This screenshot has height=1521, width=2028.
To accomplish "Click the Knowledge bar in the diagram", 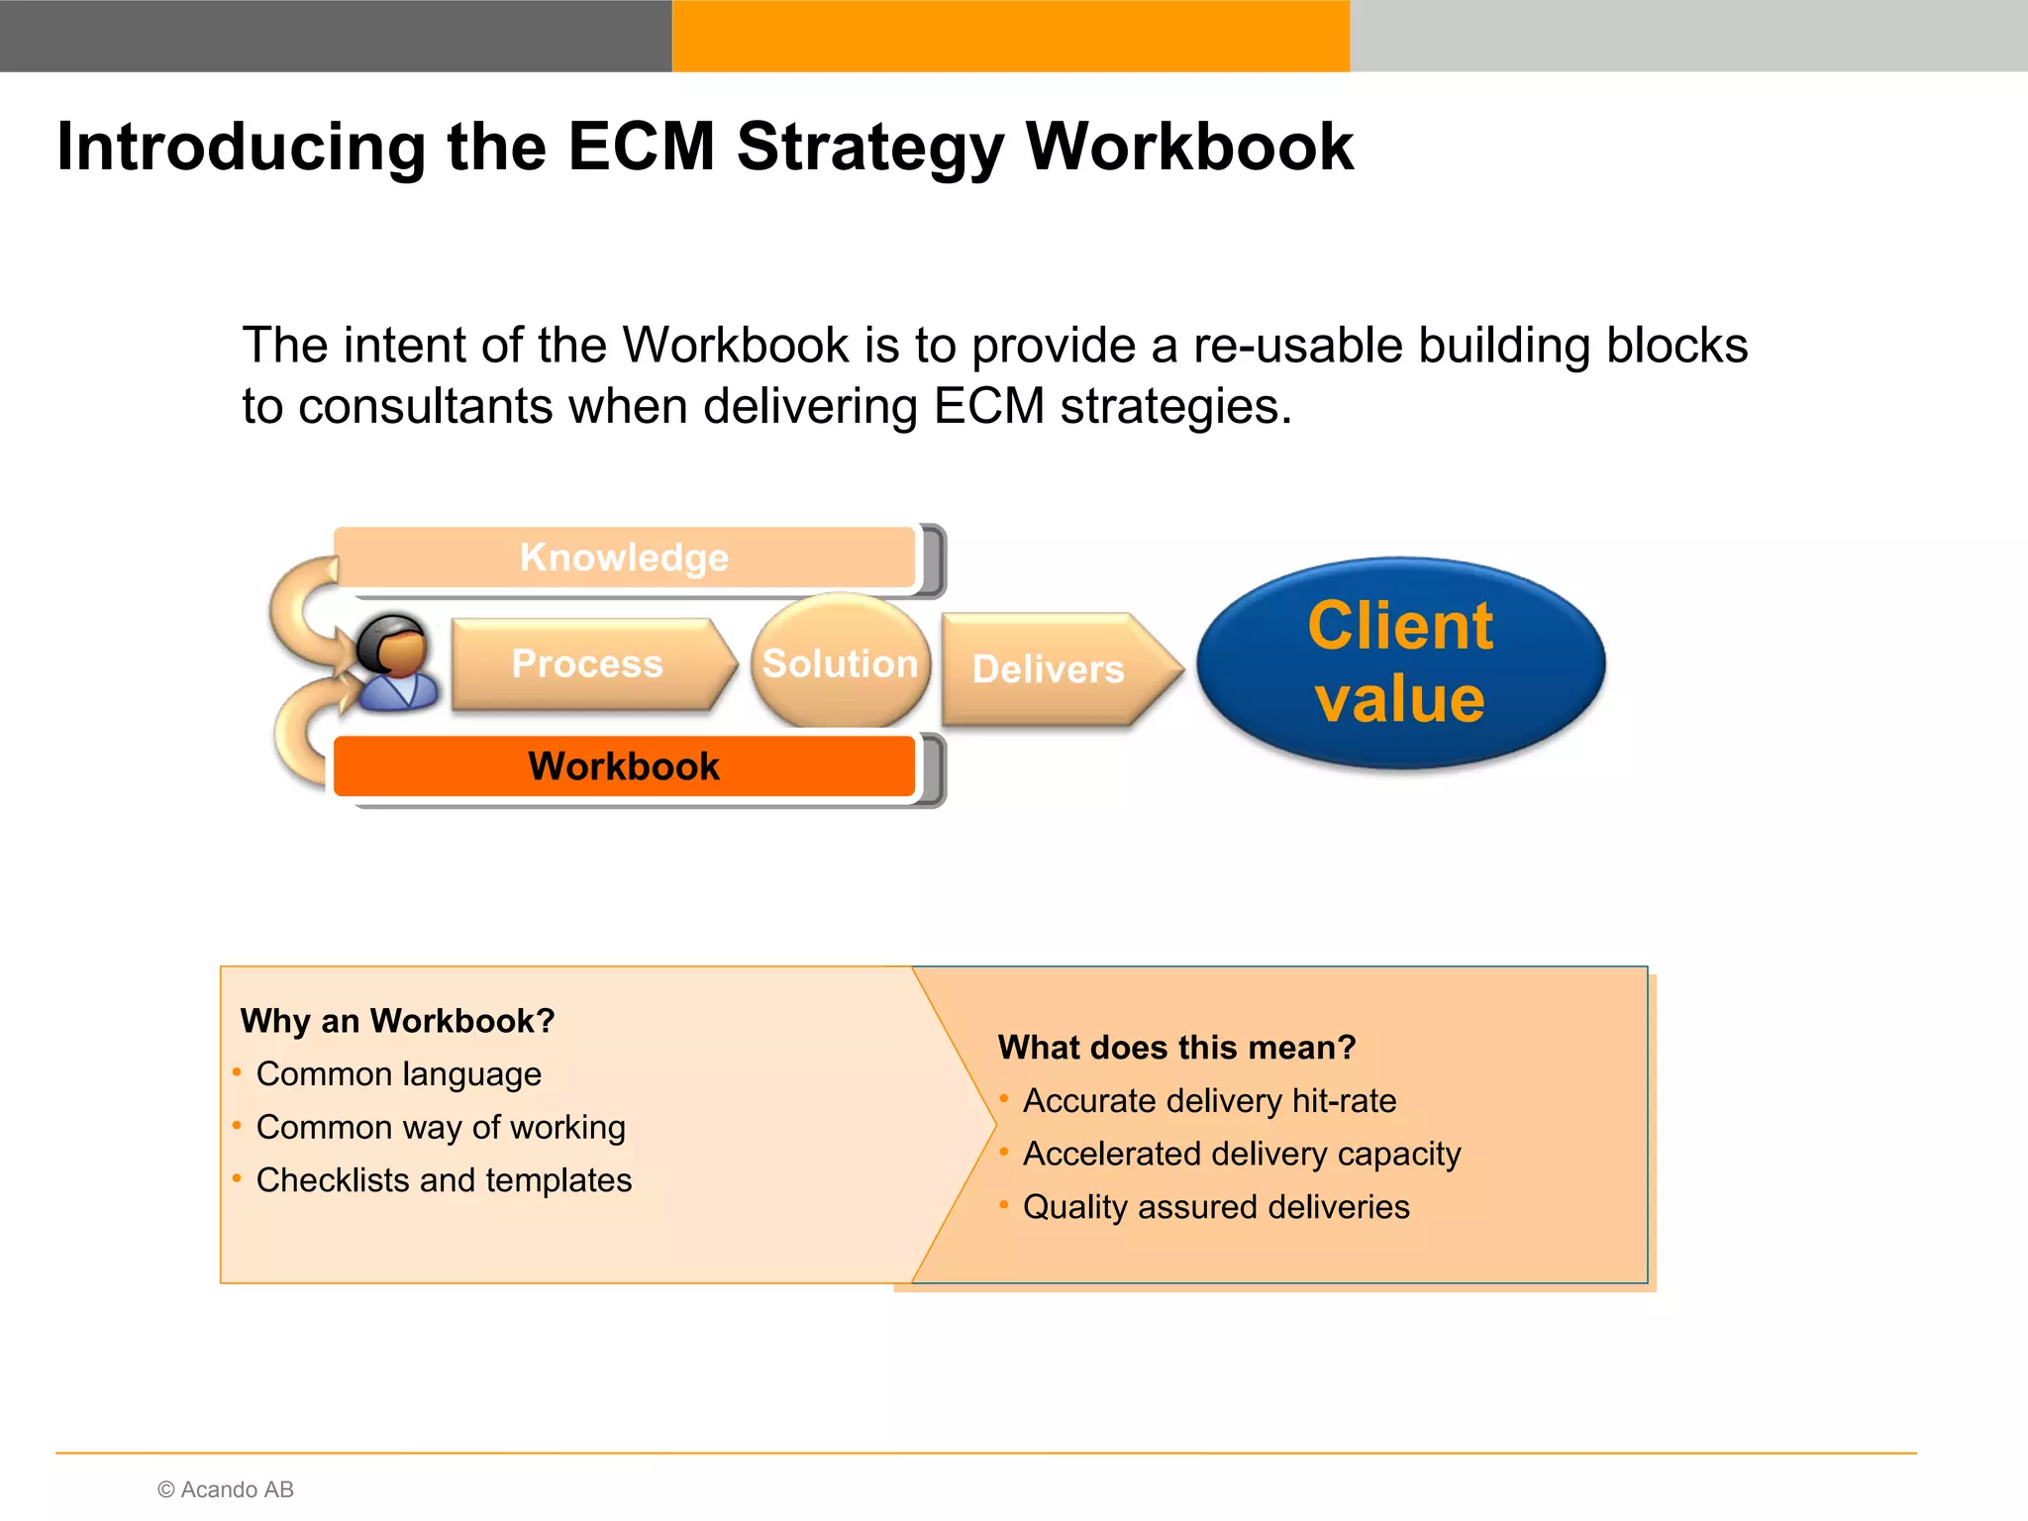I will tap(624, 558).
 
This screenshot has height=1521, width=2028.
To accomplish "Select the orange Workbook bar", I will tap(624, 766).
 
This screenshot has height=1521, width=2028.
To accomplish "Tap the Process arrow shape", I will tap(588, 664).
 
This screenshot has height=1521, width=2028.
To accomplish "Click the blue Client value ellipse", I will tap(1400, 661).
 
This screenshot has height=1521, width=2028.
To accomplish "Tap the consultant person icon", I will tap(397, 661).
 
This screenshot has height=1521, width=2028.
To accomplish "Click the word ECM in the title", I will tap(641, 147).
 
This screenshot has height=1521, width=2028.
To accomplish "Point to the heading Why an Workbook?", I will tap(397, 1020).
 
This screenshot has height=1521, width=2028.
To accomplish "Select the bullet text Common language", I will tap(398, 1073).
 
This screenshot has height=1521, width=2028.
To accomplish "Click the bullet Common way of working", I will tap(441, 1127).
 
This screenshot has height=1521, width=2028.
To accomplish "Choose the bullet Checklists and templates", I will tap(444, 1180).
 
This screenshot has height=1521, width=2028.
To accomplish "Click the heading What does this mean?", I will tap(1176, 1047).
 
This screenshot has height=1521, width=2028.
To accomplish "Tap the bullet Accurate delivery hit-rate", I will tap(1209, 1100).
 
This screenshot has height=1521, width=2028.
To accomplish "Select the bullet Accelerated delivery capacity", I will tap(1242, 1154).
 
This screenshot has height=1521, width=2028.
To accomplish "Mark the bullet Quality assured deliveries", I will tap(1216, 1207).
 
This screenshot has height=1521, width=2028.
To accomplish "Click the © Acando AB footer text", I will tap(226, 1489).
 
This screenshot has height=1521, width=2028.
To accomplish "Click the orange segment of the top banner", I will tap(1010, 36).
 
